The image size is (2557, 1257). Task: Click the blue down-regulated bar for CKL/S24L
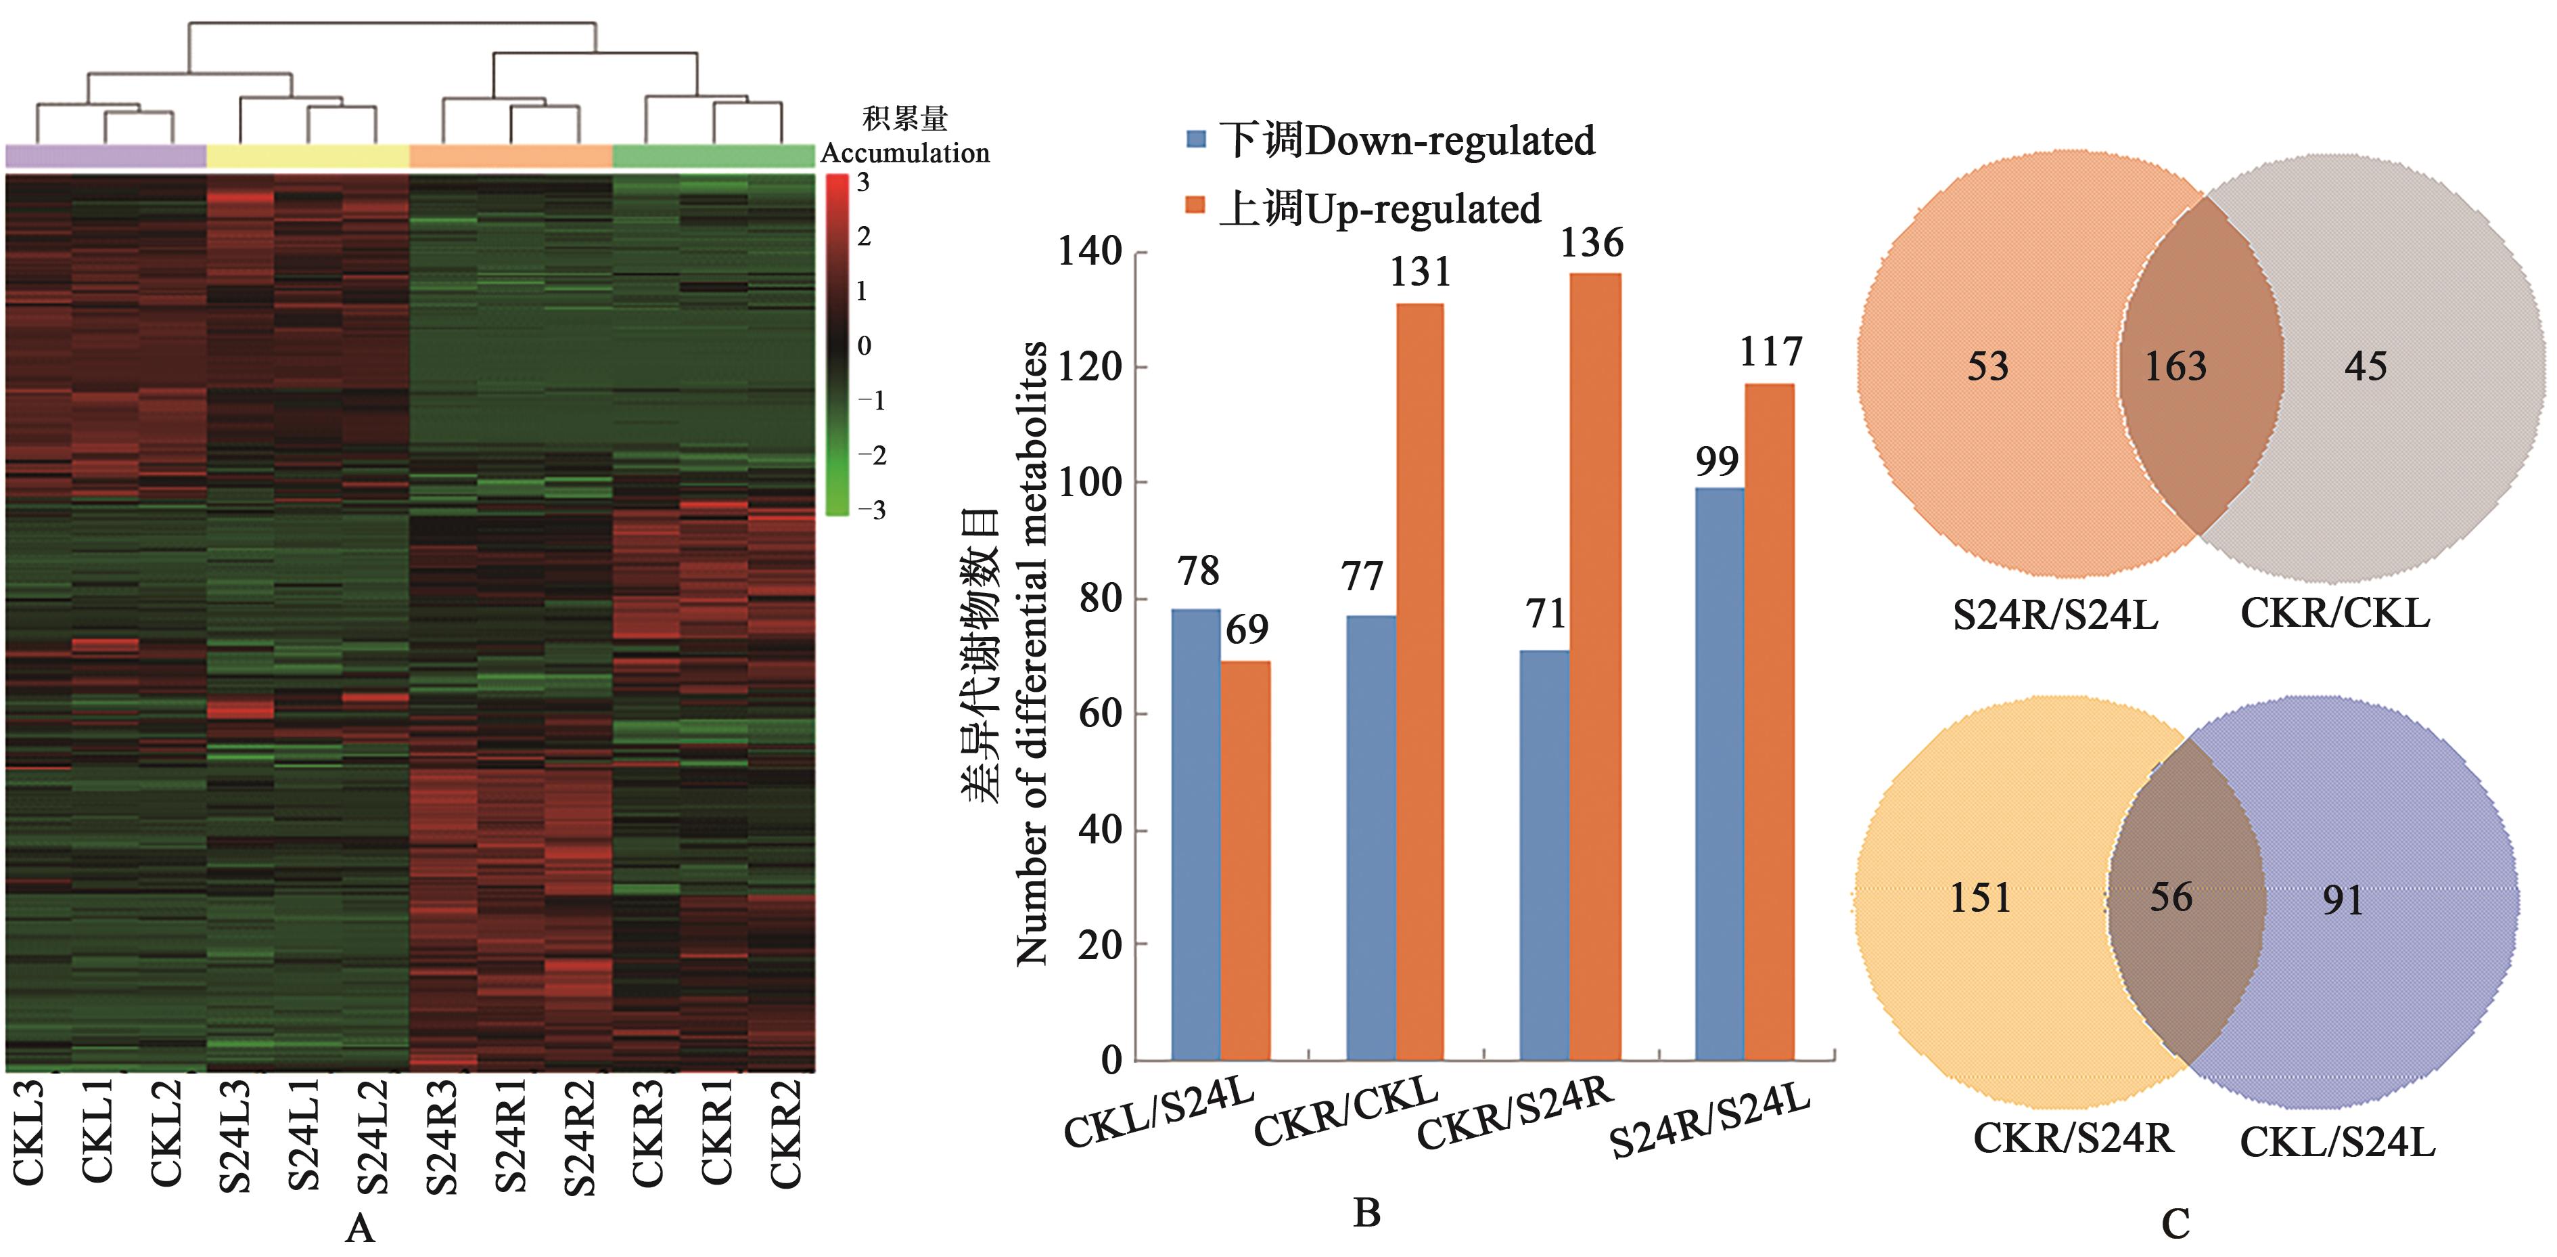[1195, 834]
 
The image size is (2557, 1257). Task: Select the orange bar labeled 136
[1595, 665]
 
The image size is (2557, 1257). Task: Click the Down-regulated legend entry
[1389, 140]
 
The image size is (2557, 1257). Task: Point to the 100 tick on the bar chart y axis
[1089, 483]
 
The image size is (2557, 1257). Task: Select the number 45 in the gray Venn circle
[2366, 366]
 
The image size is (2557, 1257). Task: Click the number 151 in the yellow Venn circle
[1980, 898]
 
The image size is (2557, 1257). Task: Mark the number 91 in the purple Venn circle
[2343, 900]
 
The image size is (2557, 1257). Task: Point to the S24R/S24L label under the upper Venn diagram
[2055, 615]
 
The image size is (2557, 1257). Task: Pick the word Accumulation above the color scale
[904, 153]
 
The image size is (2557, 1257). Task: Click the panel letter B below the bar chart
[1367, 1212]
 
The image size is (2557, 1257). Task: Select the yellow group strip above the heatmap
[308, 156]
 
